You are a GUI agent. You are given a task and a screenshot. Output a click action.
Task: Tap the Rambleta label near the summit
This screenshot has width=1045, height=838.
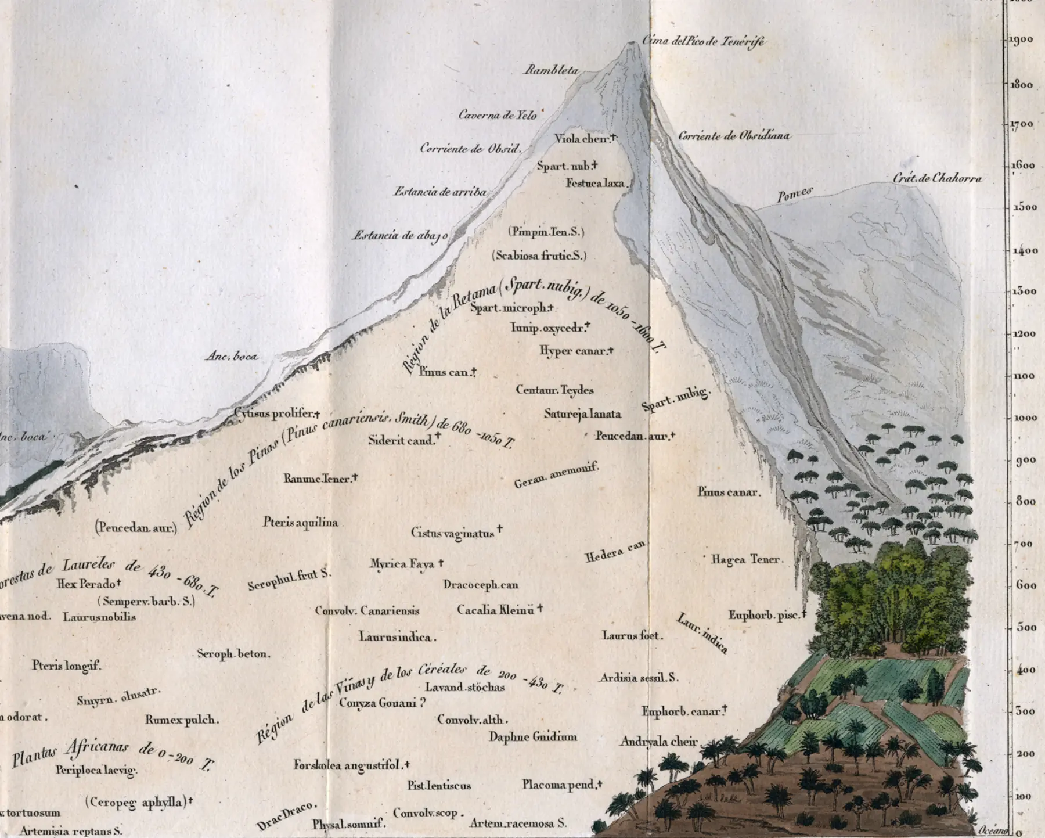coord(552,70)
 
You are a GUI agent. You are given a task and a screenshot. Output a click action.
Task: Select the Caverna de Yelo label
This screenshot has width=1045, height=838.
coord(498,115)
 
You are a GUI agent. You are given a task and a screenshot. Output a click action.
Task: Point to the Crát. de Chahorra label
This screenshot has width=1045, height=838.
coord(937,178)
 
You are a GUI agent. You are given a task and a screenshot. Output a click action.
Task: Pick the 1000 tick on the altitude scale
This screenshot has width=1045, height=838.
coord(1024,418)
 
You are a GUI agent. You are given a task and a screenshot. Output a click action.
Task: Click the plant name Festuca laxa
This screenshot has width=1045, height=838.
coord(596,184)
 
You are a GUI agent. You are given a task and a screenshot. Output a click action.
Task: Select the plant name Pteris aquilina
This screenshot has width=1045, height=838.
coord(300,523)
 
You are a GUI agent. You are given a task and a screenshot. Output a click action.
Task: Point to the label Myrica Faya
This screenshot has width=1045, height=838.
coord(402,564)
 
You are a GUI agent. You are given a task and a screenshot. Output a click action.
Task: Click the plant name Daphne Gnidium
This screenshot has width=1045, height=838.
coord(533,737)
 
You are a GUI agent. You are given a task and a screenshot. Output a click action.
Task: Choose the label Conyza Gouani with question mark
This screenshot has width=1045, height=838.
coord(382,703)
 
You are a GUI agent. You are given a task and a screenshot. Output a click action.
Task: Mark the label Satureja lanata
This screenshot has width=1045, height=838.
coord(582,414)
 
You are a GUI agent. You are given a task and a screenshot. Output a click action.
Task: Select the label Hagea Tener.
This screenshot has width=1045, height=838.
coord(747,559)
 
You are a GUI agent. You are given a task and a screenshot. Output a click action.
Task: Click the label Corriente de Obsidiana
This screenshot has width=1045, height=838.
coord(734,136)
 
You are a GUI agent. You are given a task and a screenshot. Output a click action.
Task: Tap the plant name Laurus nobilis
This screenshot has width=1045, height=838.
coord(99,617)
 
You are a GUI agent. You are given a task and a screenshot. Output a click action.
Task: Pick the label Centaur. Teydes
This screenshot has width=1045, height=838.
coord(554,390)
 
